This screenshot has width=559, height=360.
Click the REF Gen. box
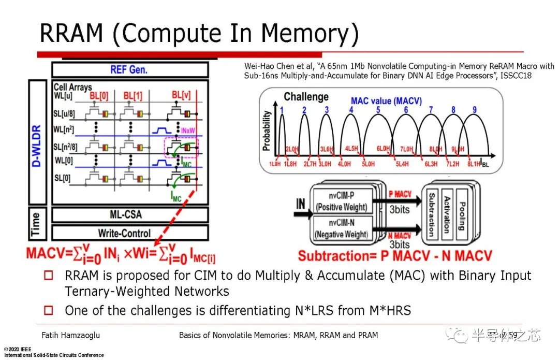pyautogui.click(x=129, y=69)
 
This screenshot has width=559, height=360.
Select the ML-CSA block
pyautogui.click(x=129, y=214)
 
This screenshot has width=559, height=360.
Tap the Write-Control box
pyautogui.click(x=129, y=233)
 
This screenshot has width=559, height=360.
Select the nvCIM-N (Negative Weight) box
pyautogui.click(x=341, y=229)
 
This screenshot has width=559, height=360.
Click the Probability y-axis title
pyautogui.click(x=267, y=131)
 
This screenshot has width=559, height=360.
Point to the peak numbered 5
pyautogui.click(x=378, y=110)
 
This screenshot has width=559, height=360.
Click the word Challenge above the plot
pyautogui.click(x=306, y=96)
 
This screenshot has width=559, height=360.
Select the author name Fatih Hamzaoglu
pyautogui.click(x=71, y=335)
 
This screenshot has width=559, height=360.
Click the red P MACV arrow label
pyautogui.click(x=400, y=194)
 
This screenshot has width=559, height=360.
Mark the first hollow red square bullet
pyautogui.click(x=49, y=276)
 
